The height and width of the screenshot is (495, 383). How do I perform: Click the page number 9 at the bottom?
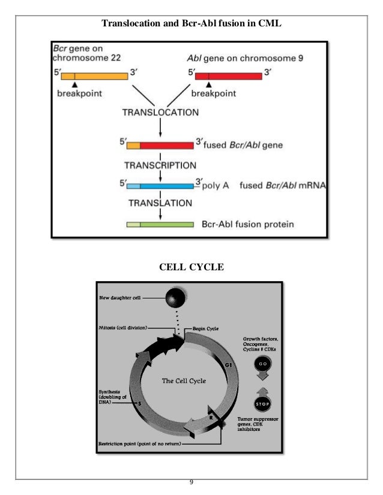tap(191, 483)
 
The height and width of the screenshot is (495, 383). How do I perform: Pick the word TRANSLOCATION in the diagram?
tap(160, 112)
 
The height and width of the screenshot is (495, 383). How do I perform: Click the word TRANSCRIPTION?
tap(161, 164)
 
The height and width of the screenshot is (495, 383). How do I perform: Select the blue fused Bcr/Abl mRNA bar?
tap(160, 186)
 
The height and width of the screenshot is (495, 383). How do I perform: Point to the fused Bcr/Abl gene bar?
tap(160, 145)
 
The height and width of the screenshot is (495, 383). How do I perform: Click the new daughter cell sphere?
tap(175, 297)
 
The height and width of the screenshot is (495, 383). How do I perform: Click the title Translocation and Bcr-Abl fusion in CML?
tap(191, 24)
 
